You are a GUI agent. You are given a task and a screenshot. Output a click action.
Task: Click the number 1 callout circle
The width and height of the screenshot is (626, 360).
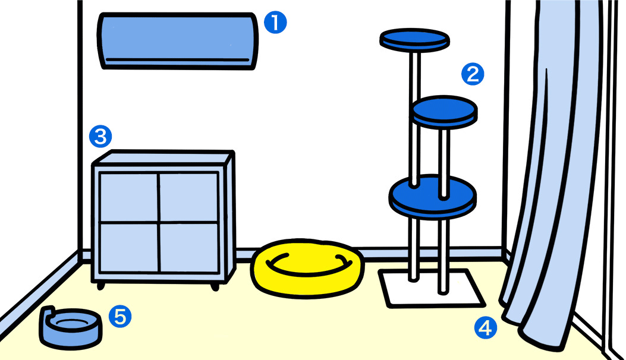click(275, 22)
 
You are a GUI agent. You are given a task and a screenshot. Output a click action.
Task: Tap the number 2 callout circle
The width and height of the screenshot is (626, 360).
click(473, 74)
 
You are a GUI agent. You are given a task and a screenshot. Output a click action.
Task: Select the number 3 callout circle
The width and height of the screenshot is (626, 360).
click(100, 137)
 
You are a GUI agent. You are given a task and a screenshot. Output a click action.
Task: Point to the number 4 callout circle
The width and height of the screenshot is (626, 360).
click(486, 328)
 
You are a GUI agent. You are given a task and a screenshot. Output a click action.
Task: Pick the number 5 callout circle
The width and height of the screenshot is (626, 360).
click(120, 317)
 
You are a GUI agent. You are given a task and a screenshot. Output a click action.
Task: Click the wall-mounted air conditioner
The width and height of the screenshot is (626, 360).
click(177, 41)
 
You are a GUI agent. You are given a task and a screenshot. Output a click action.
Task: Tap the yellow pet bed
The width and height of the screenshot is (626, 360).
click(307, 268)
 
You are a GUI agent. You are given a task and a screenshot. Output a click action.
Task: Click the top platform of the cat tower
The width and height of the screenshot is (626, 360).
click(414, 40)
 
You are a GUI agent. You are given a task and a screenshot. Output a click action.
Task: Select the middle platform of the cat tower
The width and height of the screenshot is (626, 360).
click(444, 112)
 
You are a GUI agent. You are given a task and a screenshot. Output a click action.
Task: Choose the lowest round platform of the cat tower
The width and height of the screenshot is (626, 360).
click(433, 197)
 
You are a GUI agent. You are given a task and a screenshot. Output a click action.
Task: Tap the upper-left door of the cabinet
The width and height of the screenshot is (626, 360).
click(129, 197)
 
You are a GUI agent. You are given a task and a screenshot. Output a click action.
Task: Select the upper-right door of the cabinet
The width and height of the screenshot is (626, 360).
click(188, 197)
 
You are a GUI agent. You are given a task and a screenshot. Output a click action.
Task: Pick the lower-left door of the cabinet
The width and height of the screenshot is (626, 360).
click(129, 248)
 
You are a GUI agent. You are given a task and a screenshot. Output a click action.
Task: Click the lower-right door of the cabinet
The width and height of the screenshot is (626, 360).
click(189, 248)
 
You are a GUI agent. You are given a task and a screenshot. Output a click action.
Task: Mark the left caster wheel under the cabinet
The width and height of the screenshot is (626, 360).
click(100, 286)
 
